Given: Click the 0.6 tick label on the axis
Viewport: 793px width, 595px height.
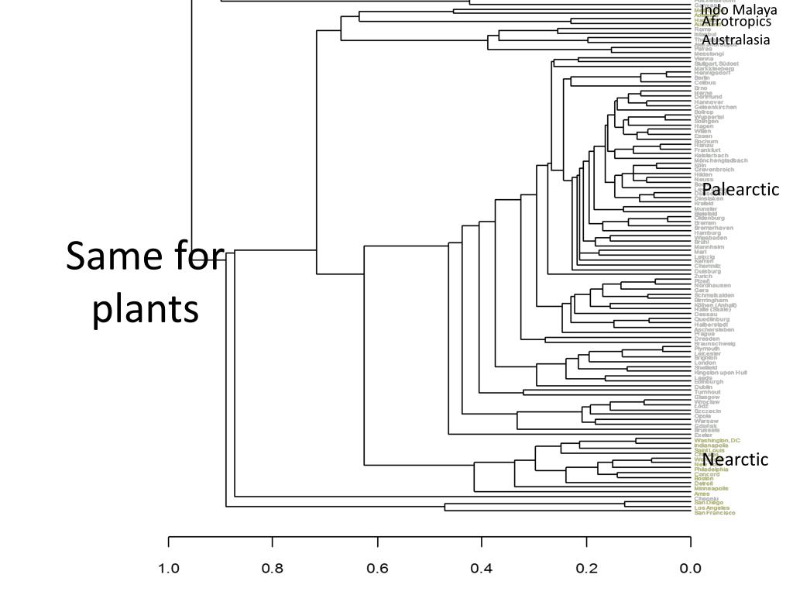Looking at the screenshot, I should click(x=377, y=569).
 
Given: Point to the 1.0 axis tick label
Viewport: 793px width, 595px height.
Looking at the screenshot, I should click(x=169, y=569).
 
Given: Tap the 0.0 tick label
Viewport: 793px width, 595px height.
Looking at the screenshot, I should click(x=690, y=569).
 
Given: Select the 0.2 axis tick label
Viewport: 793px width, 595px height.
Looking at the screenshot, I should click(x=586, y=569).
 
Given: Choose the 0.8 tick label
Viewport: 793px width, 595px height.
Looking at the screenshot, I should click(x=273, y=569).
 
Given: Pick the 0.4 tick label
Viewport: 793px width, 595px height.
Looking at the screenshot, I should click(x=482, y=569).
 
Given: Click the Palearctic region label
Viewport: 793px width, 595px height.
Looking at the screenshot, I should click(x=740, y=190).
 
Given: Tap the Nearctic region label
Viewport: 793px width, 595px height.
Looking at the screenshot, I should click(x=736, y=459).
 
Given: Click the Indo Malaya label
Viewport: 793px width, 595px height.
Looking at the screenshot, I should click(x=739, y=10).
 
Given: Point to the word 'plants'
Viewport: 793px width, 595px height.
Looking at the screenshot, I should click(x=146, y=308).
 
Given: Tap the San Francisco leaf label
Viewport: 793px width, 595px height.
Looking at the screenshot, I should click(x=715, y=513).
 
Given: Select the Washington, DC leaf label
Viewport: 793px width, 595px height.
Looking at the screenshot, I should click(x=717, y=440).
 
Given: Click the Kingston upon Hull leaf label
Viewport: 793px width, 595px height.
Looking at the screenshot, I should click(x=720, y=373).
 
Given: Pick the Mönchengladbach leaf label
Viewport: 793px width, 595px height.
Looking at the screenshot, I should click(x=721, y=160).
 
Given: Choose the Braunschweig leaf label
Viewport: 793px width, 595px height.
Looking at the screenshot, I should click(x=715, y=343).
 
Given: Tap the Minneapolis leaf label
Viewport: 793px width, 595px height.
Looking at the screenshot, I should click(x=711, y=489).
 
